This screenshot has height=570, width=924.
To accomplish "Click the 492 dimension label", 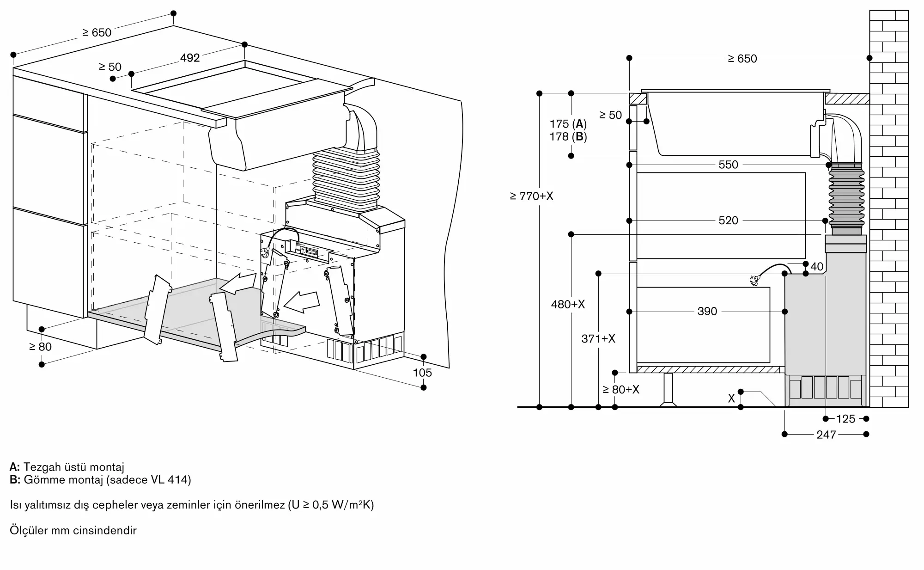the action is [190, 58].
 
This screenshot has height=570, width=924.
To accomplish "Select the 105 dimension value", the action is [422, 373].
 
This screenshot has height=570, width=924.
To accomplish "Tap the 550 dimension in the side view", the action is [728, 165].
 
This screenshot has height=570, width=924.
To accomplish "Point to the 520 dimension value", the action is [728, 221].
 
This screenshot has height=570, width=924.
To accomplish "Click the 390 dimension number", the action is [707, 312].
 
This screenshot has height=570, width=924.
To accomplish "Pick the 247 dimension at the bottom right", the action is [826, 435].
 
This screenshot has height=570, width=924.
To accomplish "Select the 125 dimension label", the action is [845, 419].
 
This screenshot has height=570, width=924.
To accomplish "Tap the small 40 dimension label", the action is [817, 266].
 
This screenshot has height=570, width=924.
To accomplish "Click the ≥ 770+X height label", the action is [531, 196].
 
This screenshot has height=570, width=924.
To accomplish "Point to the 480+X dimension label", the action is [568, 304].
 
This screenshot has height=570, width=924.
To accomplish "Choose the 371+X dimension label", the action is [598, 339].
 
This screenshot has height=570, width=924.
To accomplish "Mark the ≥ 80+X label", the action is [621, 390].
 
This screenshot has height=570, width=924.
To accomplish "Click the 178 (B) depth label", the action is [568, 137].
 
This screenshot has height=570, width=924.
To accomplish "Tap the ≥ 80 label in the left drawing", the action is [40, 347].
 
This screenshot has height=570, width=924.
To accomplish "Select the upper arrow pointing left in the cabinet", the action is [237, 282].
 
